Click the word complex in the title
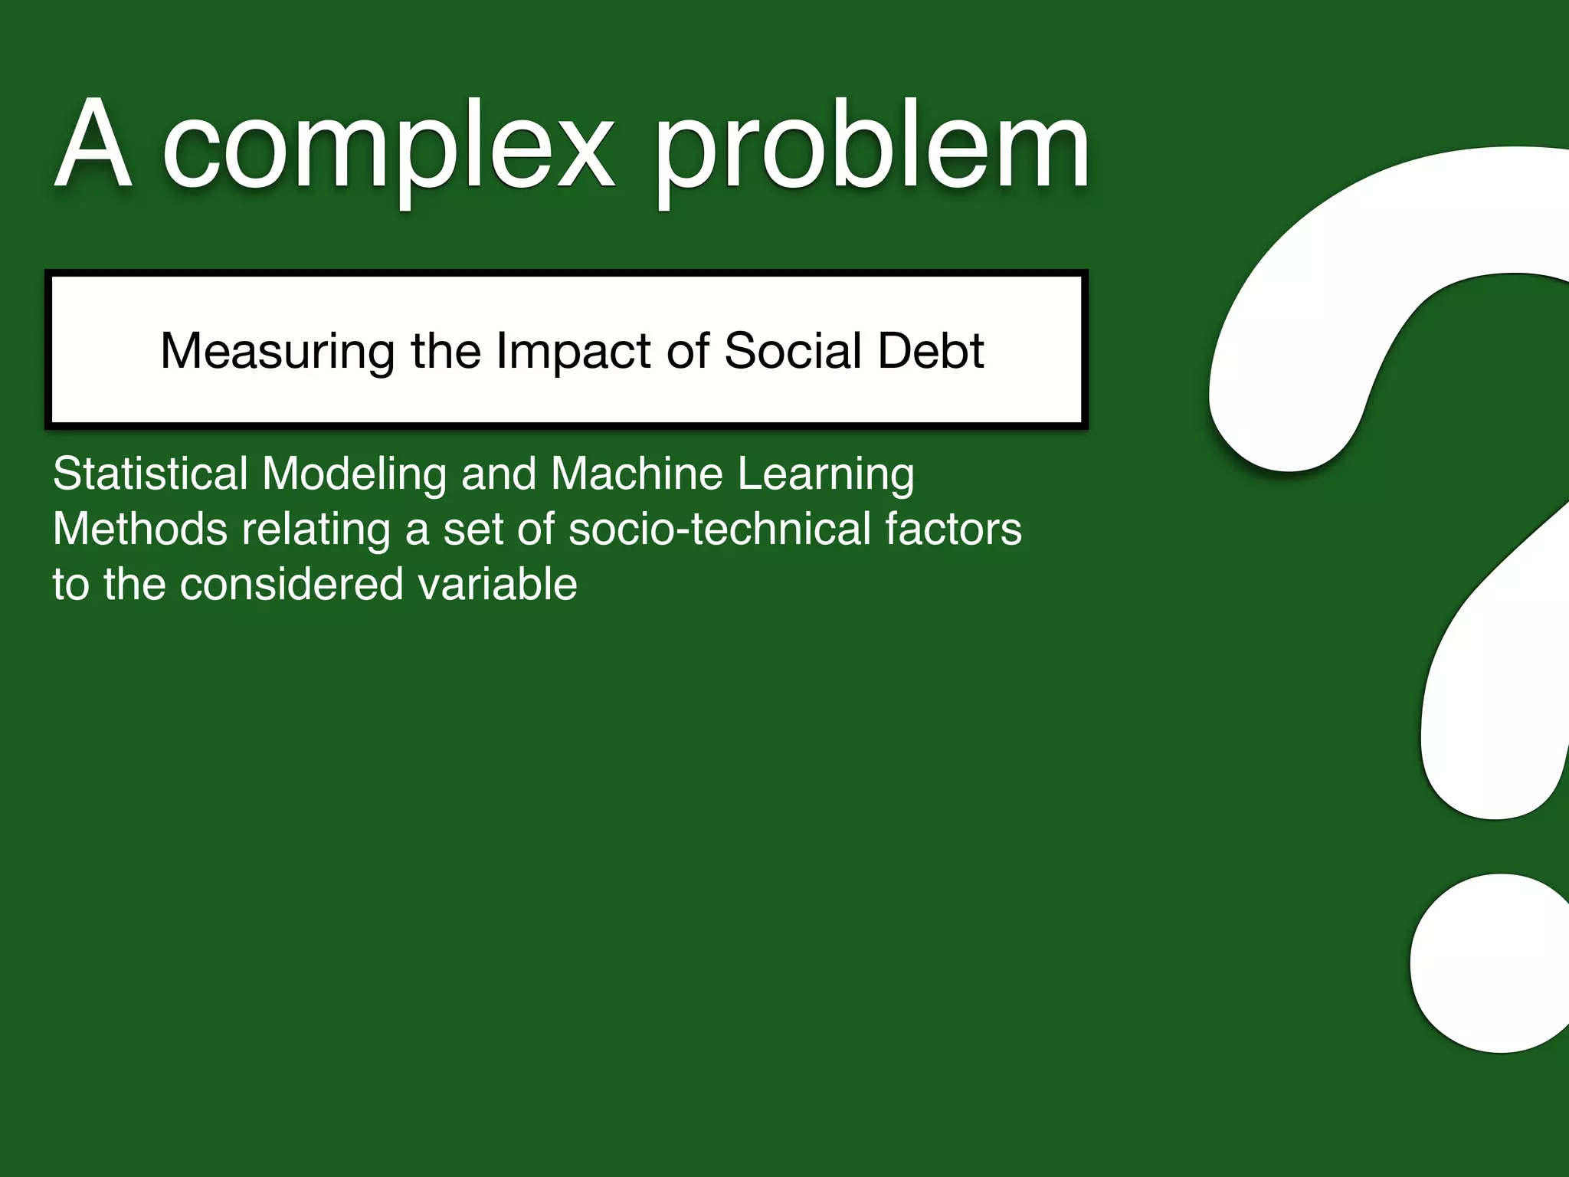[388, 147]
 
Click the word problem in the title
[871, 147]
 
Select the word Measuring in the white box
[277, 352]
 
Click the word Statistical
[150, 473]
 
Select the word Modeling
[354, 474]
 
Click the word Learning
[826, 474]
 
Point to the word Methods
[139, 529]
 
